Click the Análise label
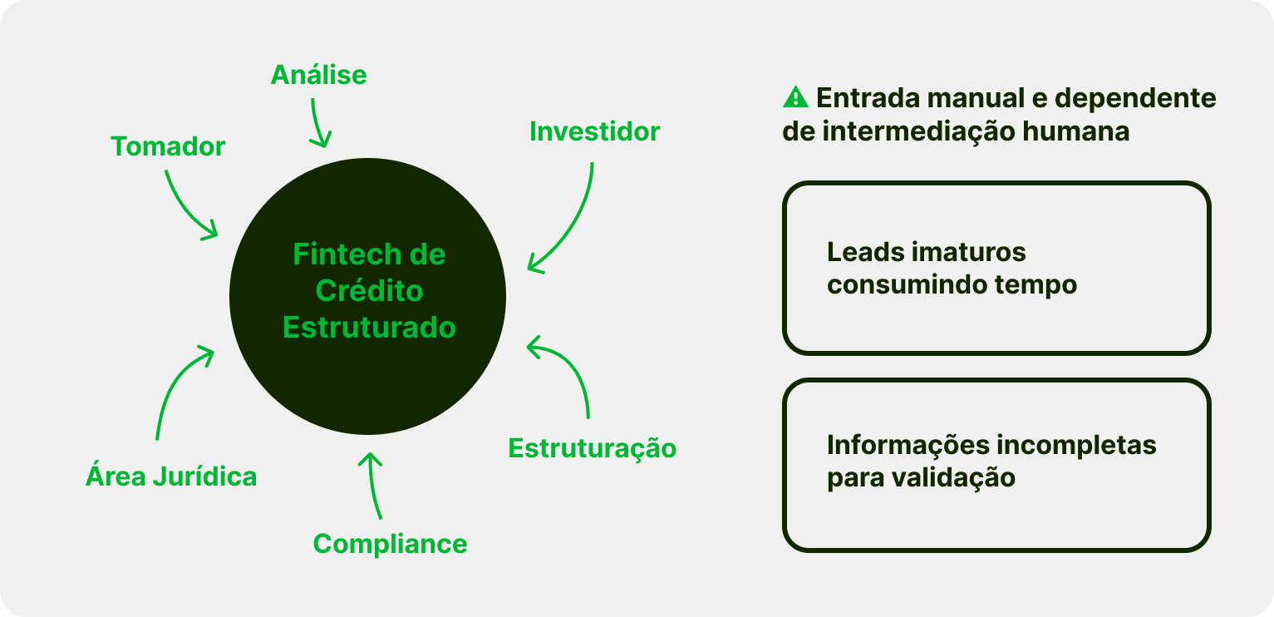point(318,76)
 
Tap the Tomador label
point(168,147)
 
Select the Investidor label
point(594,131)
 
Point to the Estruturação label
point(592,448)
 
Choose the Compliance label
point(390,544)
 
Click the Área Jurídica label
point(171,477)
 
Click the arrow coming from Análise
point(318,123)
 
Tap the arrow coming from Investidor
point(573,225)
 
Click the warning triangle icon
point(795,98)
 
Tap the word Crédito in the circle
point(369,291)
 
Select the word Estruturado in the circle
point(369,328)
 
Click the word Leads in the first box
point(863,252)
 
